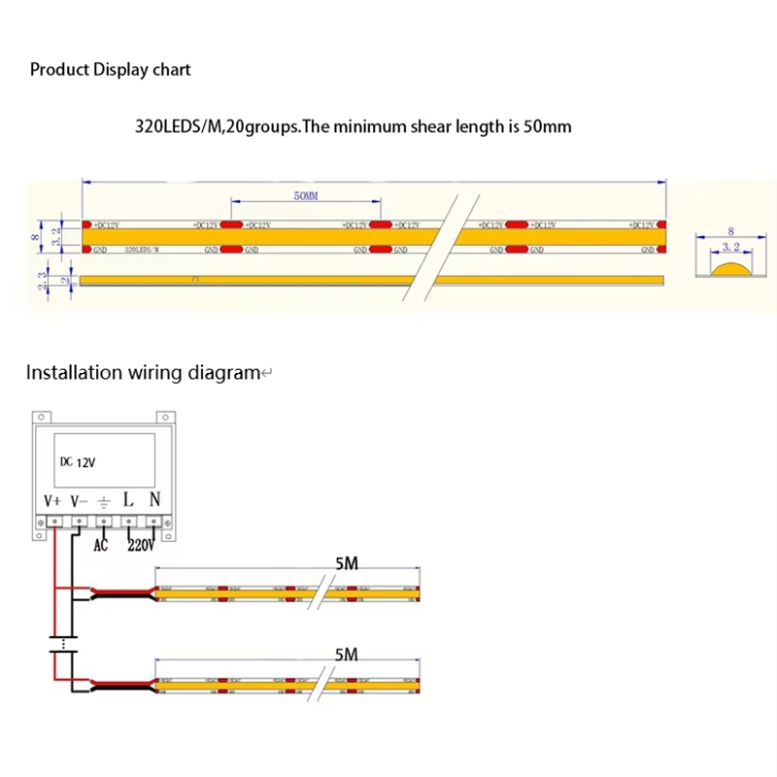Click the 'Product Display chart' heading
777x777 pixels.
[110, 70]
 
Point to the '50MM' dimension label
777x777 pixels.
[305, 196]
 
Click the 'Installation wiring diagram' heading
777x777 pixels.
[143, 372]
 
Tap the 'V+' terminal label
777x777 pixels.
[53, 500]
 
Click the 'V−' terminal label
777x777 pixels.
[80, 500]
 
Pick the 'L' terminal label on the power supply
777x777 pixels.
[128, 499]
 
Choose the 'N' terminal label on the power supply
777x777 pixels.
[154, 499]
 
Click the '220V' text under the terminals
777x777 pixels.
[141, 545]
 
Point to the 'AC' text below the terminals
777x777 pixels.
[100, 545]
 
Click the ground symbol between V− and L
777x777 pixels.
[104, 501]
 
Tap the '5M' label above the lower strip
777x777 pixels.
[346, 656]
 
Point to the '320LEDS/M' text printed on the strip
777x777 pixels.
[143, 250]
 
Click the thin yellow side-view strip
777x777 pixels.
[369, 281]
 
